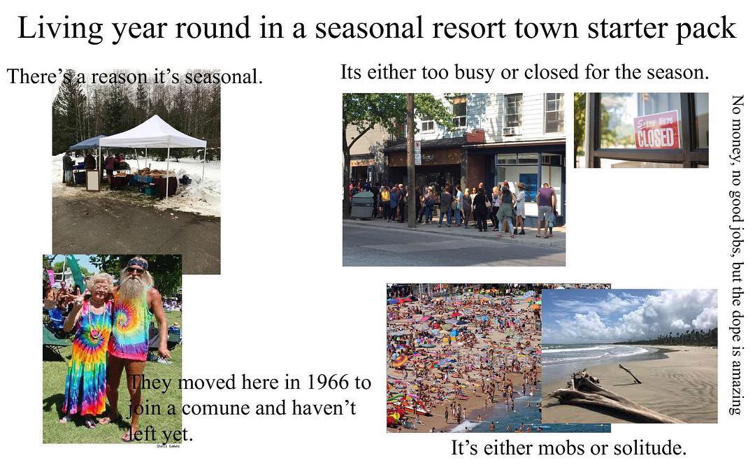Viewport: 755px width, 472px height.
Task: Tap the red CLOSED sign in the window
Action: (x=656, y=130)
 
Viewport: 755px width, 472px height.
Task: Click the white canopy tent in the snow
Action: (x=153, y=132)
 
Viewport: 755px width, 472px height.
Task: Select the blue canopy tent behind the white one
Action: (x=87, y=142)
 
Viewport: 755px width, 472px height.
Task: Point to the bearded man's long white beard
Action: (x=131, y=294)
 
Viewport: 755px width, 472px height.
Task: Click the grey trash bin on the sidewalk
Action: (x=363, y=205)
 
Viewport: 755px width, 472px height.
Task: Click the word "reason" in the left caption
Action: (x=120, y=77)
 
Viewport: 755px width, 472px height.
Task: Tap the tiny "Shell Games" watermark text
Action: (x=168, y=446)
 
